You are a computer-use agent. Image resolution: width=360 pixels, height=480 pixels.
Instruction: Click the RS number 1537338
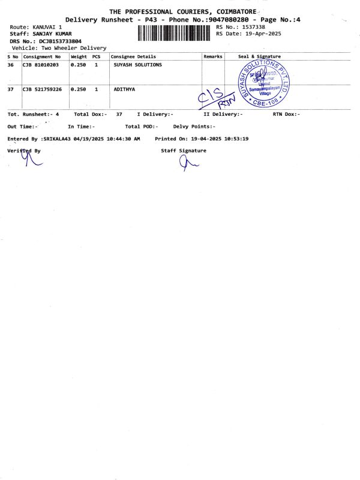pyautogui.click(x=253, y=27)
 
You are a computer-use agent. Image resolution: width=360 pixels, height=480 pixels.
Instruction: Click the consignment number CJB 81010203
pyautogui.click(x=42, y=64)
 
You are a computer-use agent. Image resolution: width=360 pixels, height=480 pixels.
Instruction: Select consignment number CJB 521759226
pyautogui.click(x=42, y=89)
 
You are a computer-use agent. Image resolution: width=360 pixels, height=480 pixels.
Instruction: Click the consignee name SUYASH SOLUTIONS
pyautogui.click(x=137, y=64)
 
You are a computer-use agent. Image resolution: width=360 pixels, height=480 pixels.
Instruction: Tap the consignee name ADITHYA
pyautogui.click(x=124, y=89)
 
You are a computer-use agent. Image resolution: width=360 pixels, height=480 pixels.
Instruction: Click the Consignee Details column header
pyautogui.click(x=133, y=56)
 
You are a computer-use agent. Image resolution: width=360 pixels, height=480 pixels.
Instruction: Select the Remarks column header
pyautogui.click(x=213, y=56)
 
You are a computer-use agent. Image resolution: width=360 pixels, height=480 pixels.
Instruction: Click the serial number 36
pyautogui.click(x=10, y=64)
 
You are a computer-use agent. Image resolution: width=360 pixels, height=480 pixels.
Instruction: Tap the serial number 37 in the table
pyautogui.click(x=10, y=89)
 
